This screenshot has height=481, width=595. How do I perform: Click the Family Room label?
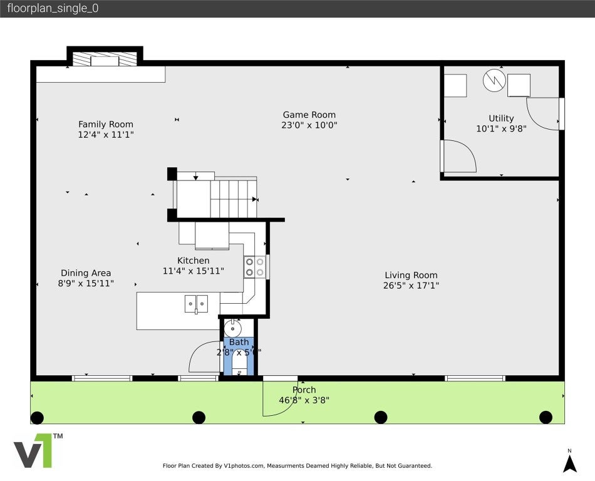[105, 124]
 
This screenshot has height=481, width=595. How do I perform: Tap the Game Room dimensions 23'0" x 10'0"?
[309, 125]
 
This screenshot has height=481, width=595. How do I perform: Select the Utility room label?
[501, 118]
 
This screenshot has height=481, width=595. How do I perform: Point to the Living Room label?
[411, 275]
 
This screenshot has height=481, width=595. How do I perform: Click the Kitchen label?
[193, 261]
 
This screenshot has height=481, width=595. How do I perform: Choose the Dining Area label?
[86, 273]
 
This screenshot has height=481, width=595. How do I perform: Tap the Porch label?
[304, 390]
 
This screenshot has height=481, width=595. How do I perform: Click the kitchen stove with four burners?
[254, 267]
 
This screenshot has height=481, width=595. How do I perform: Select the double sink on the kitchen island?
[196, 304]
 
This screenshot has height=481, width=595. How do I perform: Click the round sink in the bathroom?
[232, 328]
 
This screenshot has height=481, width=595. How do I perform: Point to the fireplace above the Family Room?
[105, 59]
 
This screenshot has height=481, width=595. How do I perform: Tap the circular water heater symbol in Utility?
[494, 80]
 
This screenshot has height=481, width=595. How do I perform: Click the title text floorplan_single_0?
[53, 9]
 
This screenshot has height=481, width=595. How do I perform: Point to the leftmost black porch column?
[37, 417]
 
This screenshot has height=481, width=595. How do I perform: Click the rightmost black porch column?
[546, 417]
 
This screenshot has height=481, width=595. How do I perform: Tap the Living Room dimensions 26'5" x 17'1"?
[411, 286]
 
